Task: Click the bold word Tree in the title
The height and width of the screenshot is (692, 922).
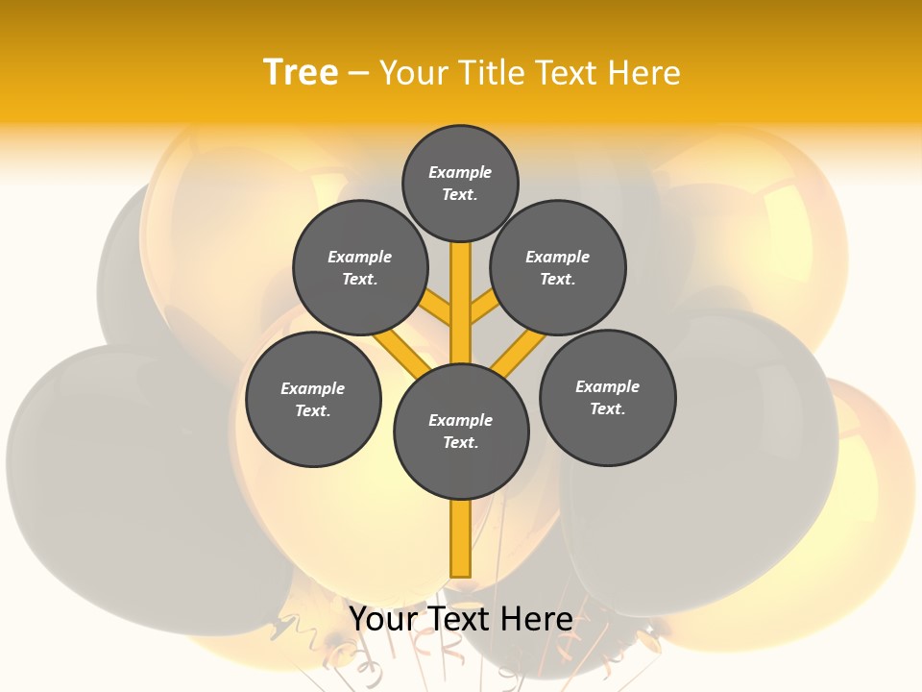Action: (301, 72)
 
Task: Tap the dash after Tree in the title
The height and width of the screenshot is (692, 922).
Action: (358, 74)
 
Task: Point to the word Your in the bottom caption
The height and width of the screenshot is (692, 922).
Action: (385, 619)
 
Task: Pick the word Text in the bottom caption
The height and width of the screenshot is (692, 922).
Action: (460, 619)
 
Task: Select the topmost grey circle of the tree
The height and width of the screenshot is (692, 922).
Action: (460, 183)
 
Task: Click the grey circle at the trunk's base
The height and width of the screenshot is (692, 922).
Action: (461, 432)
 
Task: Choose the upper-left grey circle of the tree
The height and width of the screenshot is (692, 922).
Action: (360, 267)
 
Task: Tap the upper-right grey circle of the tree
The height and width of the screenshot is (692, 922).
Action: (558, 267)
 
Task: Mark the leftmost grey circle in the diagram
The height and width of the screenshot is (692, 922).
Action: (313, 399)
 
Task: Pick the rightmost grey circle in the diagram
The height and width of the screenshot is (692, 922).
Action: (607, 397)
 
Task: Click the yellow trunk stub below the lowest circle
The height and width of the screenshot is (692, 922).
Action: (461, 538)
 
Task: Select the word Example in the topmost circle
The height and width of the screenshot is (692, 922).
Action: (460, 173)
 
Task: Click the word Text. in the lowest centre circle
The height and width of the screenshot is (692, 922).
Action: (460, 443)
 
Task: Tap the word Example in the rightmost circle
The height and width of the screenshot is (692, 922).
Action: (607, 386)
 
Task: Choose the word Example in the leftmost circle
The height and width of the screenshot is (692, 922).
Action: (312, 388)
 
